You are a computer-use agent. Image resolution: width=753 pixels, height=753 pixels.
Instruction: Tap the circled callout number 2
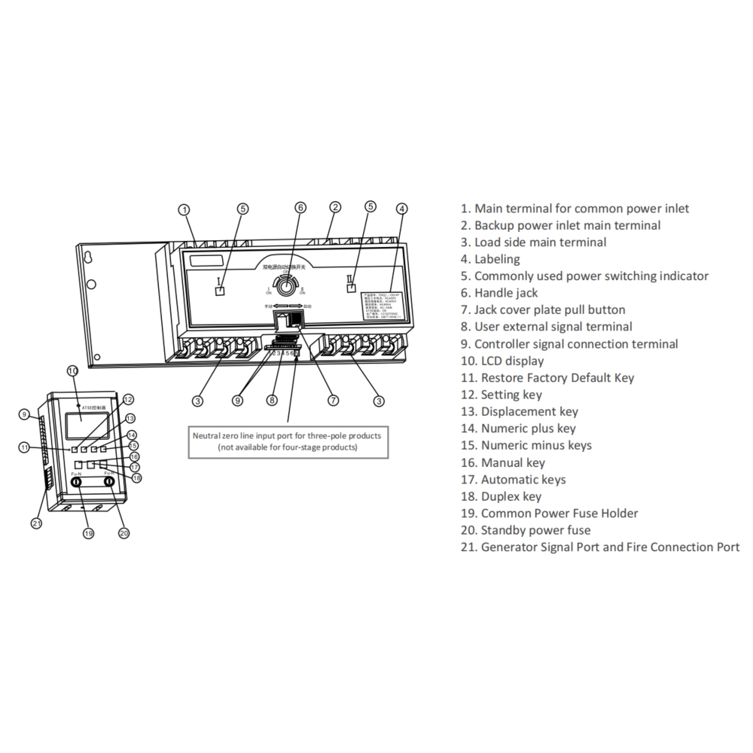(335, 206)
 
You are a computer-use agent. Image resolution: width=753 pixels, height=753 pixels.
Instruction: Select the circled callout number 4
(401, 209)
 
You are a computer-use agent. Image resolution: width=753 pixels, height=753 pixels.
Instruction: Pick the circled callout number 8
(273, 400)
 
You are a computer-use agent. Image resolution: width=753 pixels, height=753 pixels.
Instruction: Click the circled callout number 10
(72, 370)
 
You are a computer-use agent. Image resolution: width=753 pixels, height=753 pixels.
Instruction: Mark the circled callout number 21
(35, 523)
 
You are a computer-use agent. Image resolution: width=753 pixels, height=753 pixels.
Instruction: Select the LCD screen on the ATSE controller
(73, 425)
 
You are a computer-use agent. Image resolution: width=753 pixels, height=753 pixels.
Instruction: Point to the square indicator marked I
(221, 292)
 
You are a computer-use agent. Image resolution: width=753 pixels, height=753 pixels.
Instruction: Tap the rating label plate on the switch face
(383, 304)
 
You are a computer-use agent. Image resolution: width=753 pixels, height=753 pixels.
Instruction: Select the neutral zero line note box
(288, 441)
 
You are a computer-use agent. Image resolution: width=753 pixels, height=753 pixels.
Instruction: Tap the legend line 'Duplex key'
(501, 496)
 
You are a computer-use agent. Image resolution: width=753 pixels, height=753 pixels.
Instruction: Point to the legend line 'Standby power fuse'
(526, 530)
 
